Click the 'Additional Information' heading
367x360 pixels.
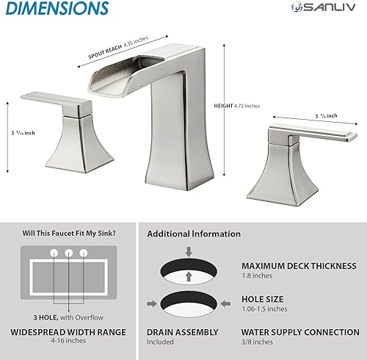coord(194,234)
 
